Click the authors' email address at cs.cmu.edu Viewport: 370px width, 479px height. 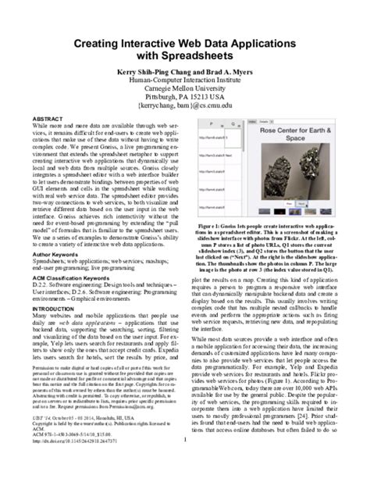coord(185,112)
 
